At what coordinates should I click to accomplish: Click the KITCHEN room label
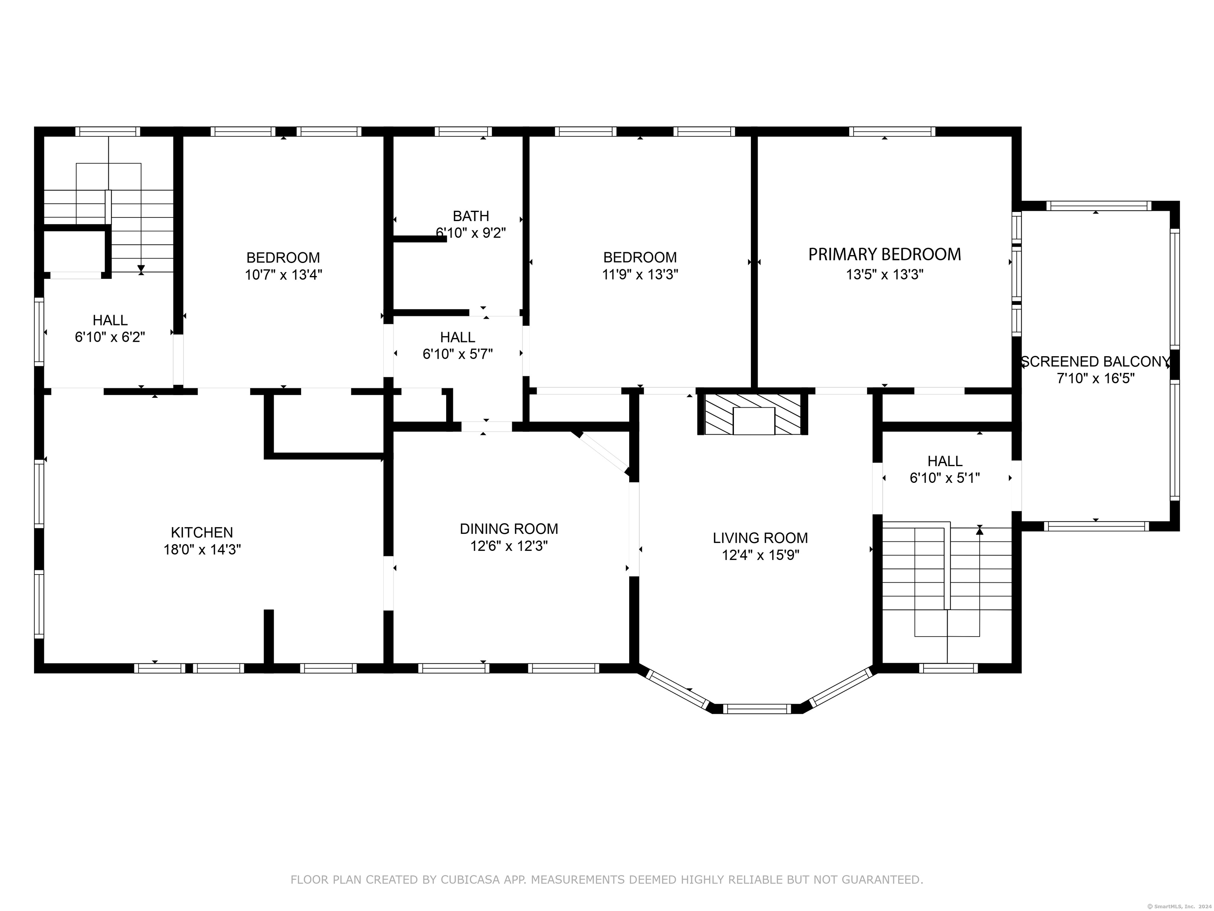click(x=202, y=532)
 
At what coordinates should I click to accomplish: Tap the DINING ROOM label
click(x=509, y=529)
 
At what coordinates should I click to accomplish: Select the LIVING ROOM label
click(x=760, y=538)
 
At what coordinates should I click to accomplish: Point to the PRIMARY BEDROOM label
click(x=884, y=254)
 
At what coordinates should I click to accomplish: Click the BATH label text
click(x=470, y=216)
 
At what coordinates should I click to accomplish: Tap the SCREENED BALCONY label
click(x=1095, y=361)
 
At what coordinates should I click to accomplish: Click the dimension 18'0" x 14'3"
click(x=202, y=550)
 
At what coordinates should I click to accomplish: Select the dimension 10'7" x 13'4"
click(x=283, y=274)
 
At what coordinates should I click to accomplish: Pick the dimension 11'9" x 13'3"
click(x=640, y=274)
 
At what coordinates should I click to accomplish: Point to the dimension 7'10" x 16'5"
click(x=1095, y=378)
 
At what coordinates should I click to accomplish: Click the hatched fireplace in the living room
click(x=752, y=414)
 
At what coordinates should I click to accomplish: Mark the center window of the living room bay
click(x=758, y=709)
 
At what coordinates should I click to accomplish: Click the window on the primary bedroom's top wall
click(x=892, y=131)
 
